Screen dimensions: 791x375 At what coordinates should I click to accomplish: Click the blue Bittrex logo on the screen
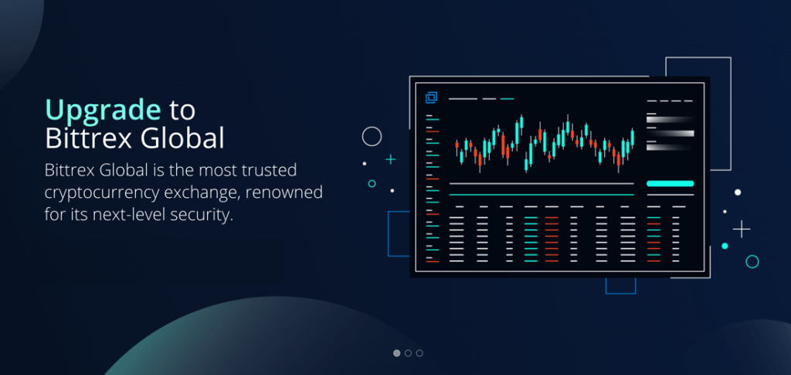(431, 97)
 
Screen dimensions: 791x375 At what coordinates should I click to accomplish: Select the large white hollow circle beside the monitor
(372, 127)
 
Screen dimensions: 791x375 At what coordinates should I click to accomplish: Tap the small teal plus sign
(390, 160)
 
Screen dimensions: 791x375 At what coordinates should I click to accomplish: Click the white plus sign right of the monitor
(742, 229)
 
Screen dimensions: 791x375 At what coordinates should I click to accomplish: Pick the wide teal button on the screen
(670, 184)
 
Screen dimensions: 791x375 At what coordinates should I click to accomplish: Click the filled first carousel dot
(396, 353)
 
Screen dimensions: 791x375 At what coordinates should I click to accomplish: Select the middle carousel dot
(408, 353)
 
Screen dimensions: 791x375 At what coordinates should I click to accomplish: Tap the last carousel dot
(419, 353)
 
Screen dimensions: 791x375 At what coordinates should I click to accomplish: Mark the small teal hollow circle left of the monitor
(372, 180)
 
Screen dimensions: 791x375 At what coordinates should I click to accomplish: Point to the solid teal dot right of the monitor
(725, 246)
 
